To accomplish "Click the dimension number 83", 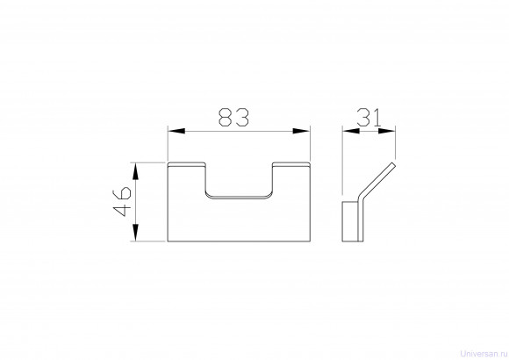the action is click(233, 118).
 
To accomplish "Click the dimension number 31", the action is click(369, 118).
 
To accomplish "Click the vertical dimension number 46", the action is click(122, 201).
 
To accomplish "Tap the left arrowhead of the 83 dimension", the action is click(176, 131).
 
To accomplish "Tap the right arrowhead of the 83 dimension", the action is click(301, 131).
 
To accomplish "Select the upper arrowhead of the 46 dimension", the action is click(136, 171).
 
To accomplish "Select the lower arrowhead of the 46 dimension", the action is click(136, 233).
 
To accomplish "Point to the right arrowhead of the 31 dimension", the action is click(387, 131).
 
